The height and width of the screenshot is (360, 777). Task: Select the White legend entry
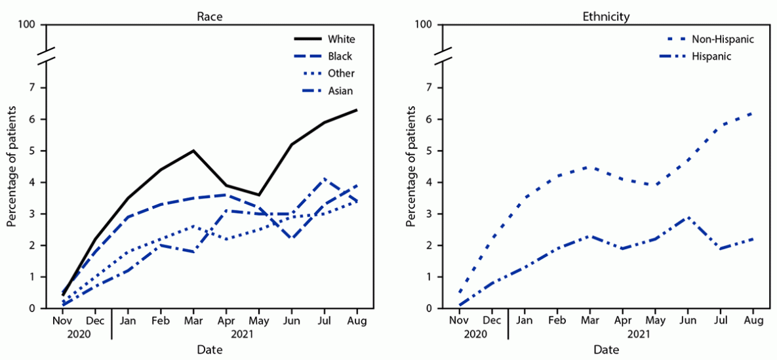pyautogui.click(x=341, y=39)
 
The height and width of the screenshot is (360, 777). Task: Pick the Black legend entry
pyautogui.click(x=340, y=56)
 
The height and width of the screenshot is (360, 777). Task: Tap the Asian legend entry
pyautogui.click(x=340, y=90)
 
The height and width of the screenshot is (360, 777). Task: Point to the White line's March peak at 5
pyautogui.click(x=193, y=151)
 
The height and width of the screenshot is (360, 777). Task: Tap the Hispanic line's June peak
pyautogui.click(x=687, y=217)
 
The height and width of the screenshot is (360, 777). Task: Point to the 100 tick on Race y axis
pyautogui.click(x=36, y=25)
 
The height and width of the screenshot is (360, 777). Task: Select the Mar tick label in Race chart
pyautogui.click(x=193, y=321)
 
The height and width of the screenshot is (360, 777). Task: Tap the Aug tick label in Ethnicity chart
pyautogui.click(x=753, y=321)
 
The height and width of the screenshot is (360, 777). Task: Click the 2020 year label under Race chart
pyautogui.click(x=79, y=334)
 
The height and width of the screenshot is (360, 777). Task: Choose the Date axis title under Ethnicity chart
pyautogui.click(x=606, y=350)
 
